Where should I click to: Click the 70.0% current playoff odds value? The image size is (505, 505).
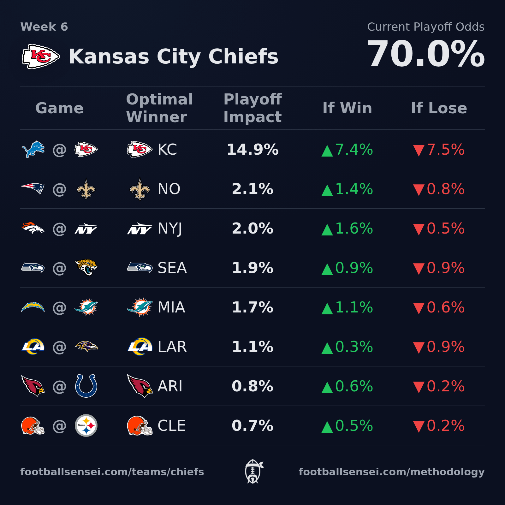(425, 54)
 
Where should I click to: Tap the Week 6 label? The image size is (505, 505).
(44, 27)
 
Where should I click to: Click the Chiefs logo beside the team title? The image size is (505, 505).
(41, 56)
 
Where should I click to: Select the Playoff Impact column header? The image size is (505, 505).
(252, 108)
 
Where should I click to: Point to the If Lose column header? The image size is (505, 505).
(439, 108)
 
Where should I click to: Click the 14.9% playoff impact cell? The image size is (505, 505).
(252, 150)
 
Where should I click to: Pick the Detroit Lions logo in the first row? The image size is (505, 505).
(33, 149)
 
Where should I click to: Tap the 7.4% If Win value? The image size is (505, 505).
(348, 150)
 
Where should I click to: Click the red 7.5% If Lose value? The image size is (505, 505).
(439, 150)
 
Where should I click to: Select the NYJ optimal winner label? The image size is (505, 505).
(170, 229)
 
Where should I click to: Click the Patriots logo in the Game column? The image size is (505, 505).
(33, 189)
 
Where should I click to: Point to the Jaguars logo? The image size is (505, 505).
(86, 268)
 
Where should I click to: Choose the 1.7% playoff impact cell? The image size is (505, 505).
(252, 307)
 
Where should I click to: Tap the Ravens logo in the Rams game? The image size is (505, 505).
(86, 347)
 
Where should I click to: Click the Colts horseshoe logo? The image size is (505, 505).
(86, 386)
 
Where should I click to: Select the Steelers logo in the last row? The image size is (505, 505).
(86, 425)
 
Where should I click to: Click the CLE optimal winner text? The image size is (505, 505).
(171, 426)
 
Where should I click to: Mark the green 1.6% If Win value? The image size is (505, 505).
(348, 229)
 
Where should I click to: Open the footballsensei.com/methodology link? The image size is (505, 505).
(391, 472)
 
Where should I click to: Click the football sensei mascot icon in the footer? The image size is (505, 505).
(253, 472)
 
